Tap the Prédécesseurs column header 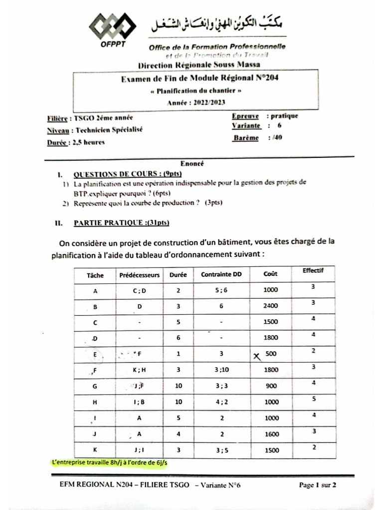click(x=139, y=274)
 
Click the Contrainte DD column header click(x=221, y=274)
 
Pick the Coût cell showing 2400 click(x=271, y=306)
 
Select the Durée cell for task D click(x=178, y=338)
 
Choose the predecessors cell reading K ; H click(x=139, y=369)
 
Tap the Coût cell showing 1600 click(x=271, y=433)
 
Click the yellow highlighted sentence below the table click(x=110, y=462)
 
